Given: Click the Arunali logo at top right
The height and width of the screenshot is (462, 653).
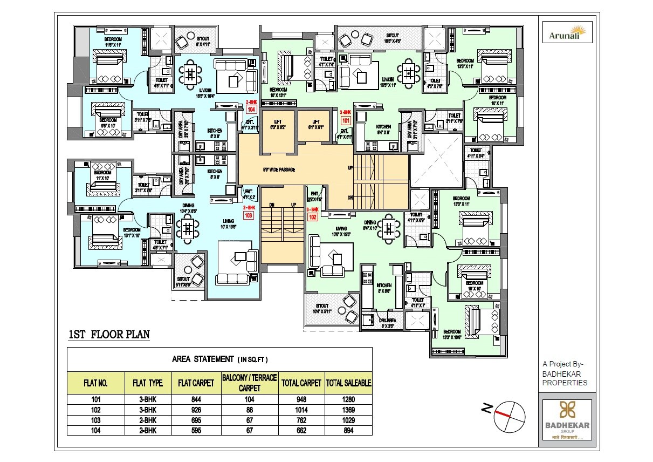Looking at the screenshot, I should coord(567,32).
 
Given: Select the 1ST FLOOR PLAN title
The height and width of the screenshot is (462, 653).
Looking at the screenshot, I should coord(108,335).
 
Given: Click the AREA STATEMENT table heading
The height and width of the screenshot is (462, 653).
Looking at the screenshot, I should coord(219,359).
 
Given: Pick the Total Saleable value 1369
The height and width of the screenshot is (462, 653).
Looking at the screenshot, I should coord(348,410).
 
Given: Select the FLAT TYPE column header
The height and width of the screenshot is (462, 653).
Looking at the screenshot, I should coord(147,384).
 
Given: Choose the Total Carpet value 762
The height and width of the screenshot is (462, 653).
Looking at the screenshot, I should coord(301,420).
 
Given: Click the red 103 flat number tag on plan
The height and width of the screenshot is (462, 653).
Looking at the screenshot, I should coord(249,215).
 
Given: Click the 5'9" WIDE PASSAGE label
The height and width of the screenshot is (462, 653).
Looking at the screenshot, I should coord(279,169).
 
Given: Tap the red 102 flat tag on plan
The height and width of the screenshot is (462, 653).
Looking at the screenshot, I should coord(312,218).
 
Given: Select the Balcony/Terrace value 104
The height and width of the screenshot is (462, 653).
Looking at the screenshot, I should coord(249,400).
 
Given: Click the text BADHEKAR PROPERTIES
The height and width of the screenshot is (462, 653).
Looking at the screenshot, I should coord(564,378).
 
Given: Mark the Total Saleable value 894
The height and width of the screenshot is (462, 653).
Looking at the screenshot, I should coord(348,430).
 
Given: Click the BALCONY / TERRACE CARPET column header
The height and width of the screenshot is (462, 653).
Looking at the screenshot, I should coord(249,383).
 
